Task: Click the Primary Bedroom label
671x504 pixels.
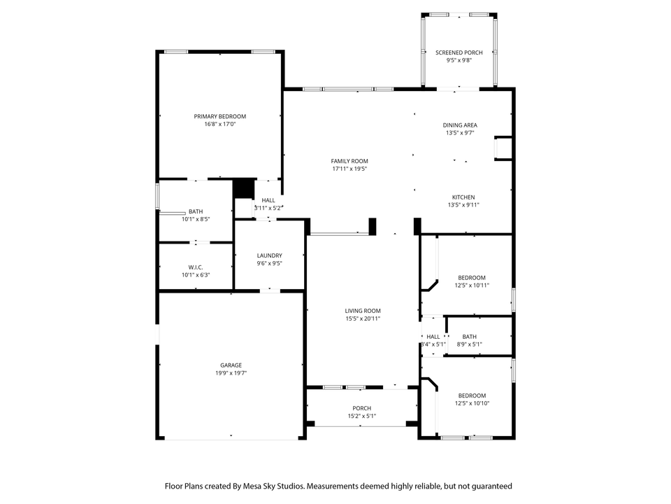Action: [219, 116]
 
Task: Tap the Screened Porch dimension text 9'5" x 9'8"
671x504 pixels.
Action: [459, 61]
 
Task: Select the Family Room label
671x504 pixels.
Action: [349, 161]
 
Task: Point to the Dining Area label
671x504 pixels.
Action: [460, 125]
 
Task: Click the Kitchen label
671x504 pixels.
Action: [463, 197]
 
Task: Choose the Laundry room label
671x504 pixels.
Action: [269, 255]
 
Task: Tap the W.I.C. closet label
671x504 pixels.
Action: [195, 267]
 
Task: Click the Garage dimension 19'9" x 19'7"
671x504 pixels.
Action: [231, 373]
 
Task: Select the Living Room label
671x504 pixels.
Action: [363, 311]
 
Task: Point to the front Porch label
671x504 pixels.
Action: [361, 408]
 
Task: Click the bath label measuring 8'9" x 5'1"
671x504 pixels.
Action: [469, 337]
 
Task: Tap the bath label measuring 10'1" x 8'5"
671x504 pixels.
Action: [196, 211]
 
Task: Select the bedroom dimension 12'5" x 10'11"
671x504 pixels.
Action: [471, 286]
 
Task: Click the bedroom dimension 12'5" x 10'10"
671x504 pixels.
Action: [471, 403]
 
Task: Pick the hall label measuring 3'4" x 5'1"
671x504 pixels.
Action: [433, 337]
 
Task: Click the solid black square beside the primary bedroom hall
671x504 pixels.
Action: [243, 189]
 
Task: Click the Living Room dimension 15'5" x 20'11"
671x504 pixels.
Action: [363, 318]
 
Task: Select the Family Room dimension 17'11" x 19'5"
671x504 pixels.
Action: [349, 169]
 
